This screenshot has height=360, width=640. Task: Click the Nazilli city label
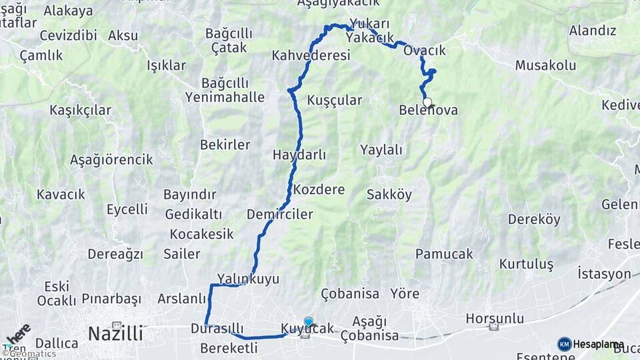115,333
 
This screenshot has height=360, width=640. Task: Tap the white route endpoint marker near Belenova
427,102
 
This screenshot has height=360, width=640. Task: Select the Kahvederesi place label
311,55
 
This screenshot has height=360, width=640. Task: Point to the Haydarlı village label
299,155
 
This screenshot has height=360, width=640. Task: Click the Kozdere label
319,189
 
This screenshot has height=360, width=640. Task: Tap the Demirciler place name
279,215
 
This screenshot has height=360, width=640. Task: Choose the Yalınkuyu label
248,279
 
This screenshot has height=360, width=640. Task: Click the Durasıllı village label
217,329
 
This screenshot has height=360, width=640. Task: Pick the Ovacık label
425,51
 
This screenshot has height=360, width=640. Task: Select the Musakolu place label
545,65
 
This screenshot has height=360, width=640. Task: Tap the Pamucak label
444,254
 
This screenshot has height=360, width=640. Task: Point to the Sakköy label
389,195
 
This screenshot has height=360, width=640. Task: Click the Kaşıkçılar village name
80,110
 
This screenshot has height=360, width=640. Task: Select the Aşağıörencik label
111,160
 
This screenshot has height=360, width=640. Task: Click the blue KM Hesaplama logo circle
564,344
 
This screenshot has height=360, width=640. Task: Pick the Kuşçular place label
335,101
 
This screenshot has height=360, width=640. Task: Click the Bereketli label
229,347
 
